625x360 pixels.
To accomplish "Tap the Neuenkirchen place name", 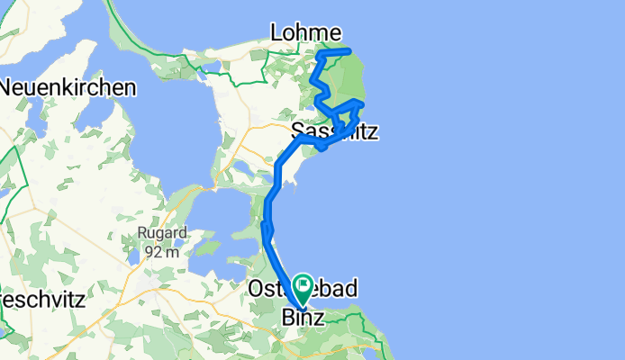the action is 68,88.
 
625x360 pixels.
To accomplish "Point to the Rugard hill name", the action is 162,232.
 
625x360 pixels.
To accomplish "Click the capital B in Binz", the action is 287,318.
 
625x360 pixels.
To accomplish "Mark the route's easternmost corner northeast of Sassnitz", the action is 362,103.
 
